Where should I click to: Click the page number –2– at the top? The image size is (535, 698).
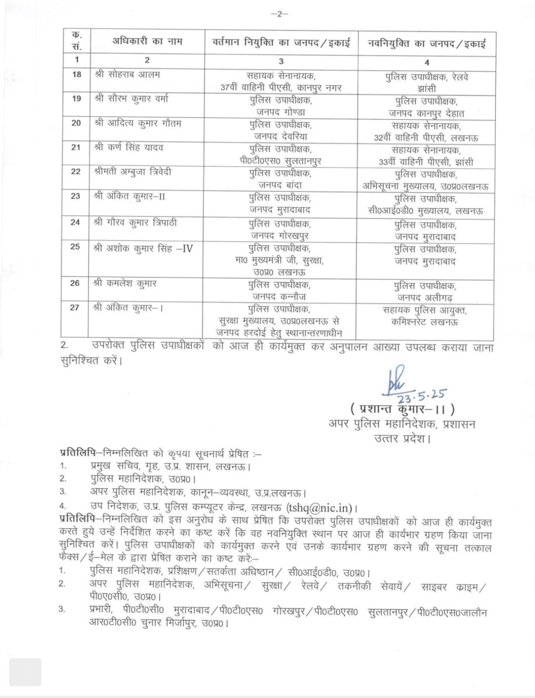(279, 14)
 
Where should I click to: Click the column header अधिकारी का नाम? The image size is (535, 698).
(147, 42)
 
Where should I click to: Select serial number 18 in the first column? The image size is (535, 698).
(76, 75)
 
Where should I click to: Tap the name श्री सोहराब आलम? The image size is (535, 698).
(127, 75)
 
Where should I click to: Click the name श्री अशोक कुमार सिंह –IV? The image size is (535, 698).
(143, 249)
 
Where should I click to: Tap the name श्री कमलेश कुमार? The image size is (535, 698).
(125, 284)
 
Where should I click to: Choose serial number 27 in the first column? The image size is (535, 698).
(75, 308)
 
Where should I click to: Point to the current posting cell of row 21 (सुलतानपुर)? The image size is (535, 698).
(281, 154)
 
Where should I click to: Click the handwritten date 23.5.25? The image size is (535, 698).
(421, 395)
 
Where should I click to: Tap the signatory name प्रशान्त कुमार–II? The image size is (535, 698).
(402, 409)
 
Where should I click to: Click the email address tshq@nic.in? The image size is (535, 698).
(319, 508)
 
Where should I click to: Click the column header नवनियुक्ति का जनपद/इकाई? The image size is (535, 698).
(427, 44)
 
